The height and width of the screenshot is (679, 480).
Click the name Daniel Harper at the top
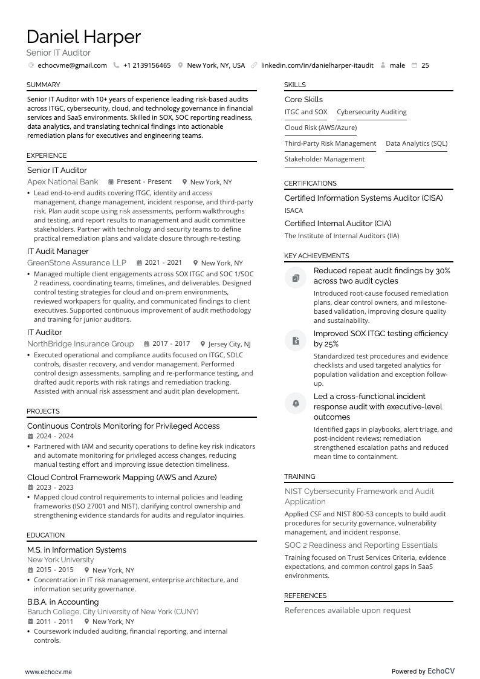click(83, 37)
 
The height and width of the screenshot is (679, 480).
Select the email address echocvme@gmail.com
click(72, 65)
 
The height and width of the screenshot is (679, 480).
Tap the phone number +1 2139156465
click(146, 65)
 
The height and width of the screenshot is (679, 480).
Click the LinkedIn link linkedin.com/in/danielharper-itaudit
click(317, 65)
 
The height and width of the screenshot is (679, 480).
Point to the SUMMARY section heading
click(43, 85)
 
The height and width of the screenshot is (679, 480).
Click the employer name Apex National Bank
click(62, 181)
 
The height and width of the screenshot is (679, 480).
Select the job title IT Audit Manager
click(57, 251)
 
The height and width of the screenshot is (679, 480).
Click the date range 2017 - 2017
click(171, 344)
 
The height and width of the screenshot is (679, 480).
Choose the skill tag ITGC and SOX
click(306, 112)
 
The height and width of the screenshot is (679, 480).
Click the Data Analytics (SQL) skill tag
click(417, 143)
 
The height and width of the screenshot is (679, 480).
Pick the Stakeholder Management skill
click(325, 159)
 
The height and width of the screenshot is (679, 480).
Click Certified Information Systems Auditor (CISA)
click(363, 198)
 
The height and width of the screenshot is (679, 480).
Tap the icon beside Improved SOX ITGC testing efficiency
click(296, 340)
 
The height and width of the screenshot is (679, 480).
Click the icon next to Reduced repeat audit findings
click(296, 278)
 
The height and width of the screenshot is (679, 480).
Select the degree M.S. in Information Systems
click(77, 550)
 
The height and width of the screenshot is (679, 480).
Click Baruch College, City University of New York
click(112, 611)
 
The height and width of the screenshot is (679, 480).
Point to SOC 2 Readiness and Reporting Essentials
click(361, 545)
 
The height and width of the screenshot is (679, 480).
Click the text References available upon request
click(348, 610)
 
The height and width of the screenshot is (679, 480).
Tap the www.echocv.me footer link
click(48, 671)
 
